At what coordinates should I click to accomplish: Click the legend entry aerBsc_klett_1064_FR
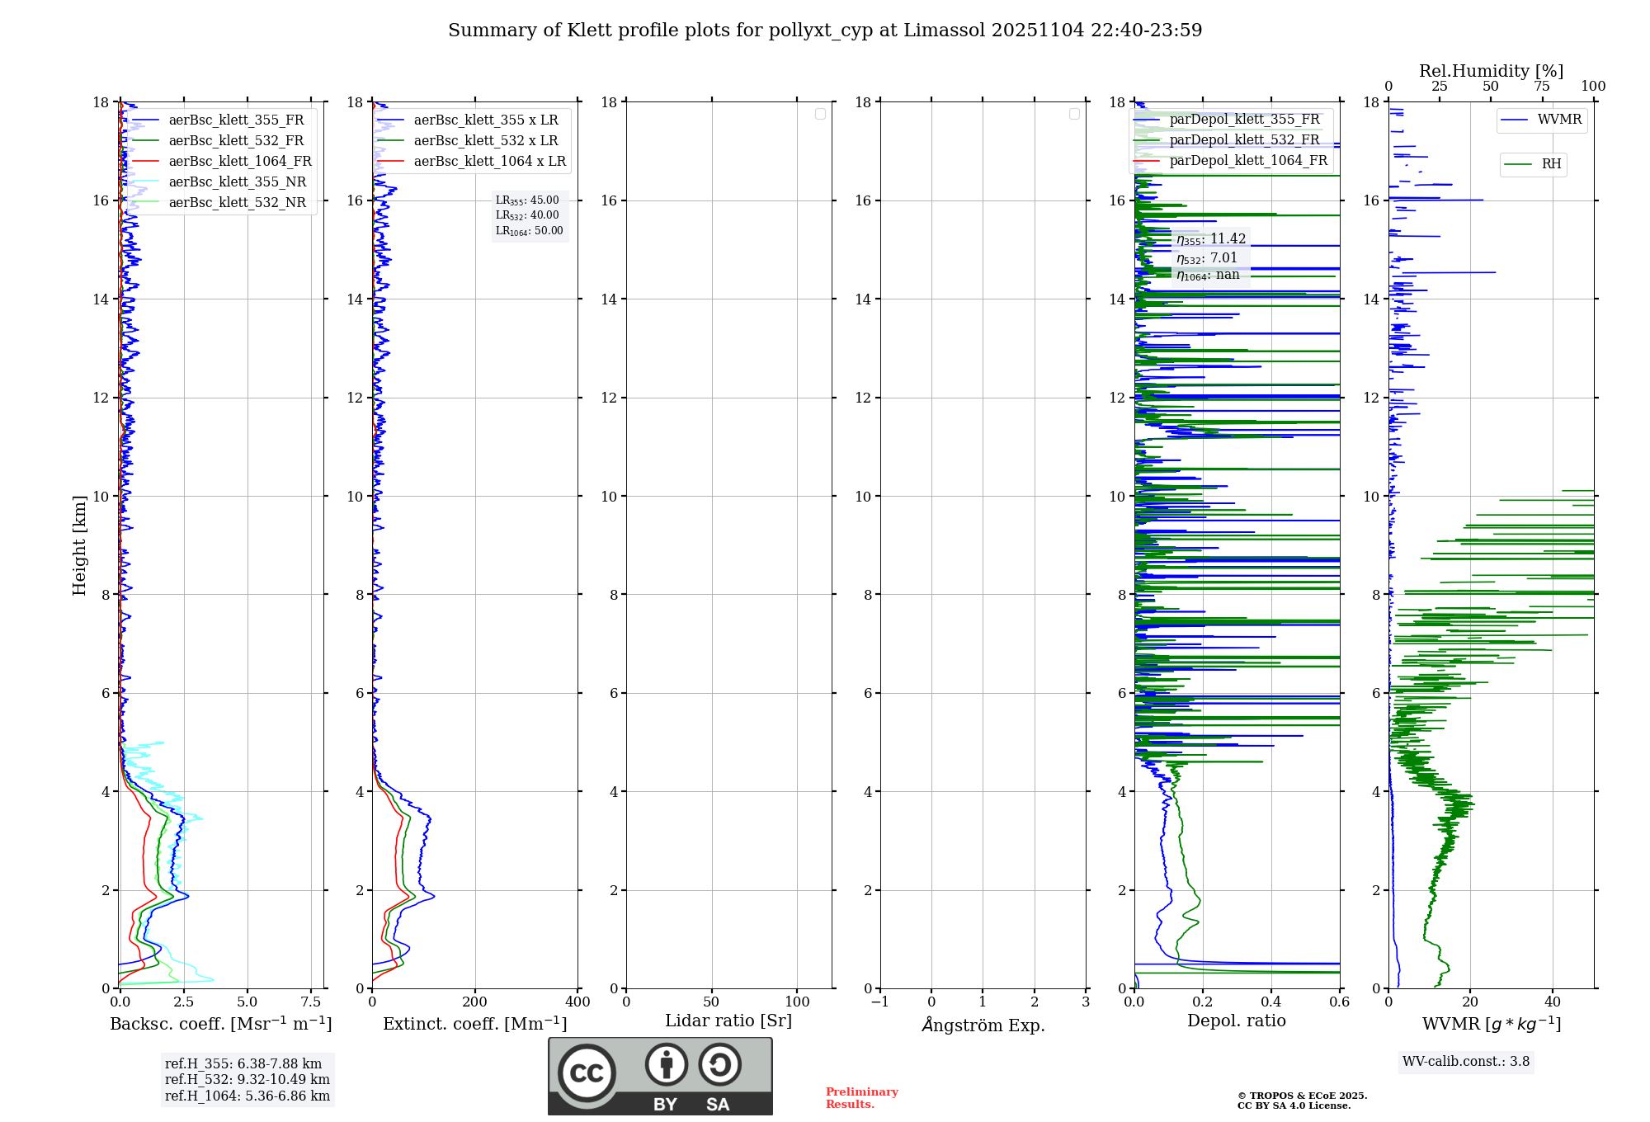[240, 162]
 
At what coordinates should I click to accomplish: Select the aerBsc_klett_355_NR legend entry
[238, 182]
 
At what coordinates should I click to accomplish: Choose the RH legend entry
[1551, 164]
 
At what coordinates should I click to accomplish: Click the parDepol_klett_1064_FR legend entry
[1248, 161]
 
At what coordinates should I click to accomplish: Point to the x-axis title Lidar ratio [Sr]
[728, 1021]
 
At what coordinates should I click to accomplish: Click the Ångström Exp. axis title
[983, 1025]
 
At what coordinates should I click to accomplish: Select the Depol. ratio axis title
[1236, 1021]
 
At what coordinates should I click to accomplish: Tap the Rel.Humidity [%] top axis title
[1491, 71]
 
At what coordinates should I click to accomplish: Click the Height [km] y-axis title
[79, 545]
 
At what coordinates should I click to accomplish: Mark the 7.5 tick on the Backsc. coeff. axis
[311, 1002]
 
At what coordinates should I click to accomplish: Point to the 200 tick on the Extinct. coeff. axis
[475, 1002]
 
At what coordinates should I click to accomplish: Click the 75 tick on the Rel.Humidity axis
[1541, 87]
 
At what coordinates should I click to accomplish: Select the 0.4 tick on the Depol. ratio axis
[1271, 1002]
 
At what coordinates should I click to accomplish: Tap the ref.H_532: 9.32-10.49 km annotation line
[247, 1080]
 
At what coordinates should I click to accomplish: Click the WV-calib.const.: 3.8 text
[1466, 1062]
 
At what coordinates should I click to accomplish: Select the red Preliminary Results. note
[861, 1098]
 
